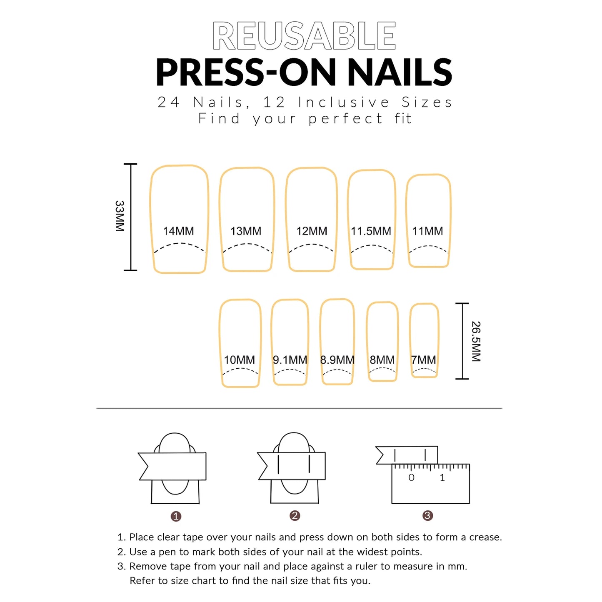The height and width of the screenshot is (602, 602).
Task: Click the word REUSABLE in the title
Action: [x=304, y=36]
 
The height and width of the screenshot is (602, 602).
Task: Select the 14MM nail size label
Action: [x=178, y=231]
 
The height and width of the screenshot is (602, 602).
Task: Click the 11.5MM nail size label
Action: [x=371, y=231]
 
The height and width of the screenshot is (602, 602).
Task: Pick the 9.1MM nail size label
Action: [x=290, y=360]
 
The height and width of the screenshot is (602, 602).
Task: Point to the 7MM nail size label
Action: [x=423, y=360]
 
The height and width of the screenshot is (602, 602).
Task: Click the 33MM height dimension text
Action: [x=120, y=216]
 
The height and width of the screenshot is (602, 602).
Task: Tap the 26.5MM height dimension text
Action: [x=476, y=341]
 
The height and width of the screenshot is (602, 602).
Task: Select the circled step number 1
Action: [x=176, y=516]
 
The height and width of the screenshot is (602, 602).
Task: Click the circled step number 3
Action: [x=427, y=515]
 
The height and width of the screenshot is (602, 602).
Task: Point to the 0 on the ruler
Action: [x=411, y=477]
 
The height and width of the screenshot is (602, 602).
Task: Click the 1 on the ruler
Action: [x=442, y=477]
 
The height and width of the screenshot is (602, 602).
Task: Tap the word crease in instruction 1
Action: [x=485, y=537]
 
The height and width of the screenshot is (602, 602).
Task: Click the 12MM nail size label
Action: [x=312, y=231]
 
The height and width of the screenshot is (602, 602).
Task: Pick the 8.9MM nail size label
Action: [x=337, y=360]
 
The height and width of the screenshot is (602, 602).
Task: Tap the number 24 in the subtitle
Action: [x=169, y=102]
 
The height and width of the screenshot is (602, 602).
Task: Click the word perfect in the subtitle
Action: [x=345, y=119]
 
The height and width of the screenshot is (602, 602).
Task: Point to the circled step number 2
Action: [x=295, y=515]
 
